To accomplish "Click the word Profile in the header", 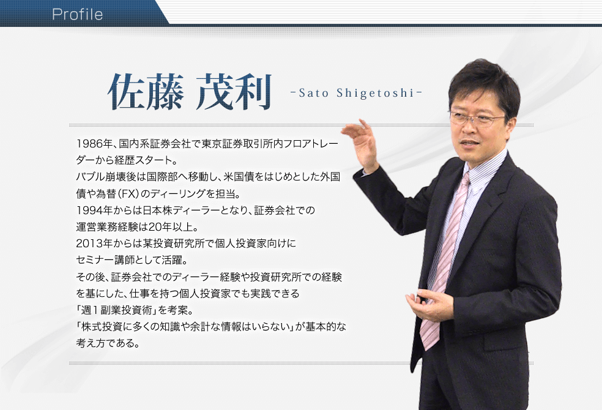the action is point(78,15).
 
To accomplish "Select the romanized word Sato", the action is point(314,93).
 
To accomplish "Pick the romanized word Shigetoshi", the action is point(376,93).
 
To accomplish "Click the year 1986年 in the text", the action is point(94,144).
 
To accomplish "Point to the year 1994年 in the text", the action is point(94,211).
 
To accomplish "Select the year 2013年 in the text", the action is point(94,244).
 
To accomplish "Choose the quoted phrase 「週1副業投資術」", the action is point(116,310).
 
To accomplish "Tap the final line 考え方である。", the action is point(108,343).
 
